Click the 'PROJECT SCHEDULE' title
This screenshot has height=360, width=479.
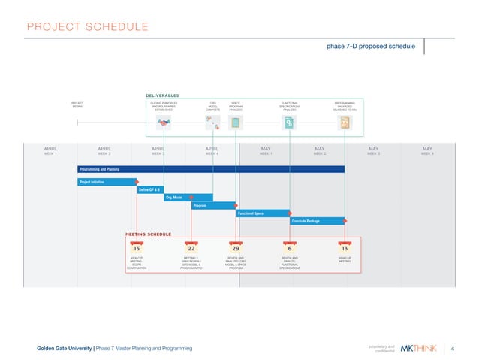[x=87, y=28]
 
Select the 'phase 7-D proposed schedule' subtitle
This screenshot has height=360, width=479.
[x=370, y=46]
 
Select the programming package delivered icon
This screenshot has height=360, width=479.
[x=344, y=124]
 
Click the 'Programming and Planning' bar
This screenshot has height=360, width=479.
[x=211, y=169]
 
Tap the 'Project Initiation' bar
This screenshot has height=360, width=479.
[x=107, y=181]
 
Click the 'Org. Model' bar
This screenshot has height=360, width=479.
[x=188, y=198]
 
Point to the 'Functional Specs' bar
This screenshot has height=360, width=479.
[x=263, y=213]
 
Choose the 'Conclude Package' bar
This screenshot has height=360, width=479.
[x=317, y=221]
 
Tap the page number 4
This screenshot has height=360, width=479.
[x=453, y=348]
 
